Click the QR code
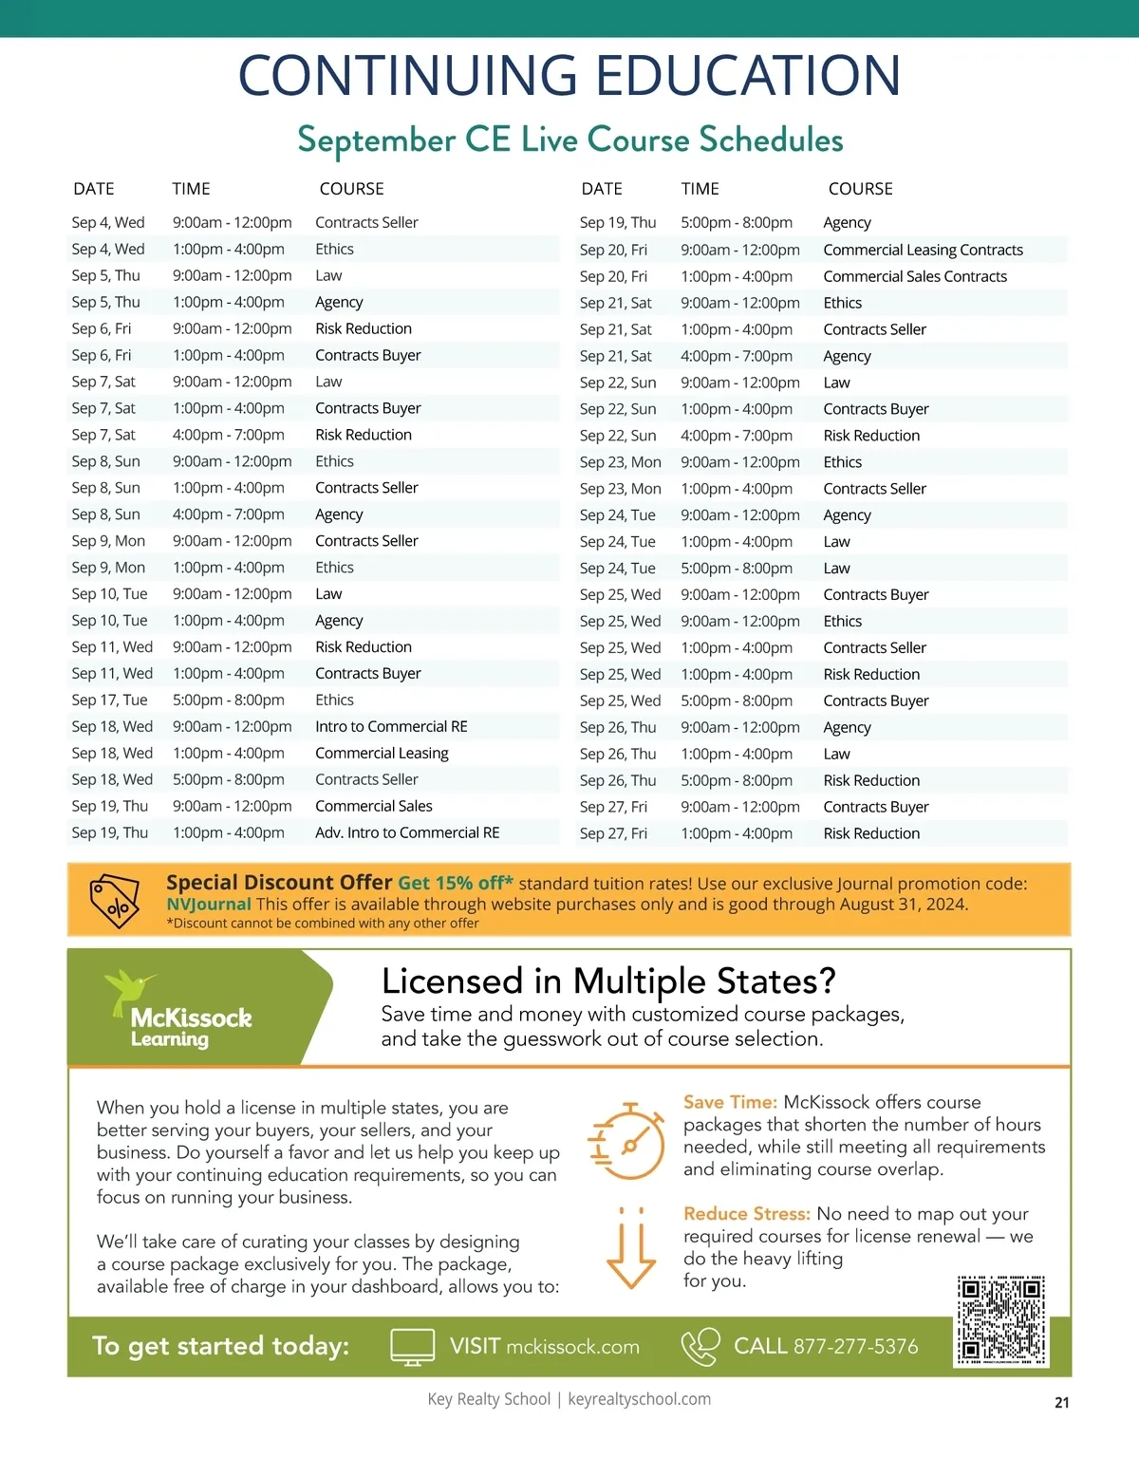coord(1001,1320)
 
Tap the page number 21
coord(1061,1402)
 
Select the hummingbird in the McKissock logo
coord(128,989)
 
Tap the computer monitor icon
coord(413,1347)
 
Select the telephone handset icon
coord(700,1347)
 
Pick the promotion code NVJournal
coord(209,904)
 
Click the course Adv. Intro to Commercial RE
coord(407,832)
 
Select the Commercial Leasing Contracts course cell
coord(923,250)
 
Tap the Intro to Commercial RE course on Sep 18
coord(391,726)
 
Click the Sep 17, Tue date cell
coord(109,700)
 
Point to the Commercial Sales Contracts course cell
coord(915,276)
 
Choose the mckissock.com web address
coord(572,1347)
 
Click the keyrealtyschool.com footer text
coord(639,1399)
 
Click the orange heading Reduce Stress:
coord(746,1214)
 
